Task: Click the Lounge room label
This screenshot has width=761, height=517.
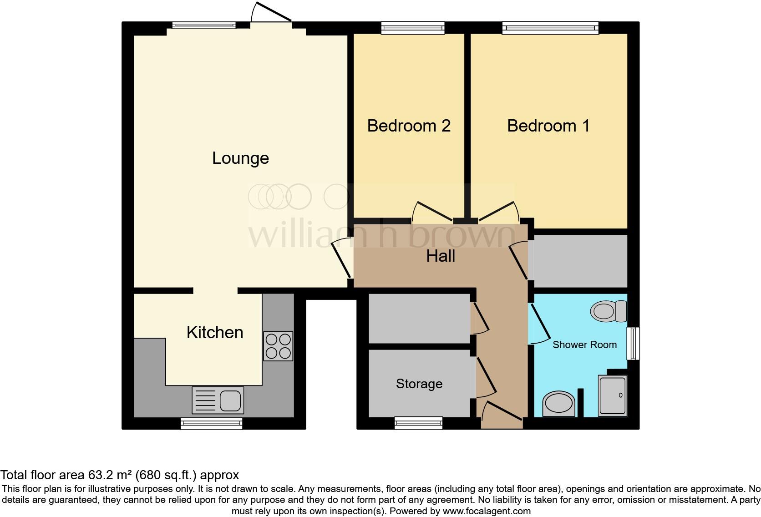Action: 240,158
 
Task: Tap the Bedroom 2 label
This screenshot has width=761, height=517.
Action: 409,126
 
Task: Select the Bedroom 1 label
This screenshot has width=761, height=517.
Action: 548,126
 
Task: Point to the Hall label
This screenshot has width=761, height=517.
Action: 441,256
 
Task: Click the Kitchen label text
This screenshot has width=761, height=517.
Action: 215,333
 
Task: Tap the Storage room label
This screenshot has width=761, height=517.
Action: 419,384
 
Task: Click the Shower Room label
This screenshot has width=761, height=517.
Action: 584,345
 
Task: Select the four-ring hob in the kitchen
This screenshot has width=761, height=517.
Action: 278,346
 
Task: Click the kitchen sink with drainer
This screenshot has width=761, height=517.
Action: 218,400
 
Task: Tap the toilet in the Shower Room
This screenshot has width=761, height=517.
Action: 609,311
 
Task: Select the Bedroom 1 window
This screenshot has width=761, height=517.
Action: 550,28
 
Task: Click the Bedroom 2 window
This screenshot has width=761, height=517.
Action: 413,28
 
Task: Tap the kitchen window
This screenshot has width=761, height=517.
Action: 212,424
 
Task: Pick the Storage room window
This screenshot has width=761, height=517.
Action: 418,423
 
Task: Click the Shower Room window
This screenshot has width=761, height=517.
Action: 633,344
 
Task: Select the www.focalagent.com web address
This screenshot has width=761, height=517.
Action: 487,511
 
